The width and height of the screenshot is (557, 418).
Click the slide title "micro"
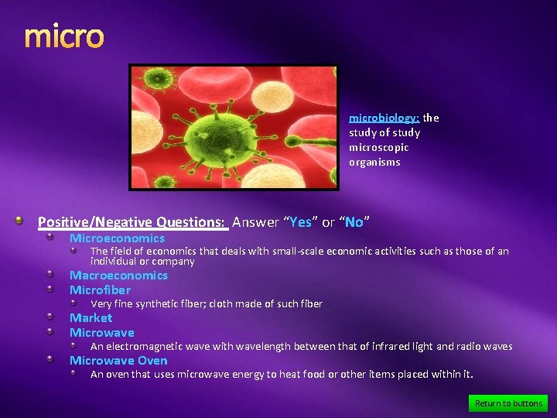(x=63, y=36)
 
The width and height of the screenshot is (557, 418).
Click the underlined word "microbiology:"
(x=384, y=118)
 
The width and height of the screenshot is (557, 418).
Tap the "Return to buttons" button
(x=508, y=403)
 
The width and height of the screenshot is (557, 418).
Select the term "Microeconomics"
(x=117, y=238)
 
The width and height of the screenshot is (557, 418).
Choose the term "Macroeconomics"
(x=118, y=276)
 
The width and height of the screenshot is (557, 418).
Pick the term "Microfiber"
(x=101, y=290)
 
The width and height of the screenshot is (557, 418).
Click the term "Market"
(x=91, y=318)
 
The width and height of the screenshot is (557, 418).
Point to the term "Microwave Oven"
(x=118, y=361)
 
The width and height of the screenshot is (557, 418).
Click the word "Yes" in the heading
(x=299, y=223)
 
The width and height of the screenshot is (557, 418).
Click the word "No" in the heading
(x=354, y=223)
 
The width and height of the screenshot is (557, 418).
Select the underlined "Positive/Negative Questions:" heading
(x=132, y=223)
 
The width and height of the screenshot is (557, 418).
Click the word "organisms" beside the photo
(x=374, y=163)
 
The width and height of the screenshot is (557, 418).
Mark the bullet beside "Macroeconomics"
(x=48, y=276)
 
